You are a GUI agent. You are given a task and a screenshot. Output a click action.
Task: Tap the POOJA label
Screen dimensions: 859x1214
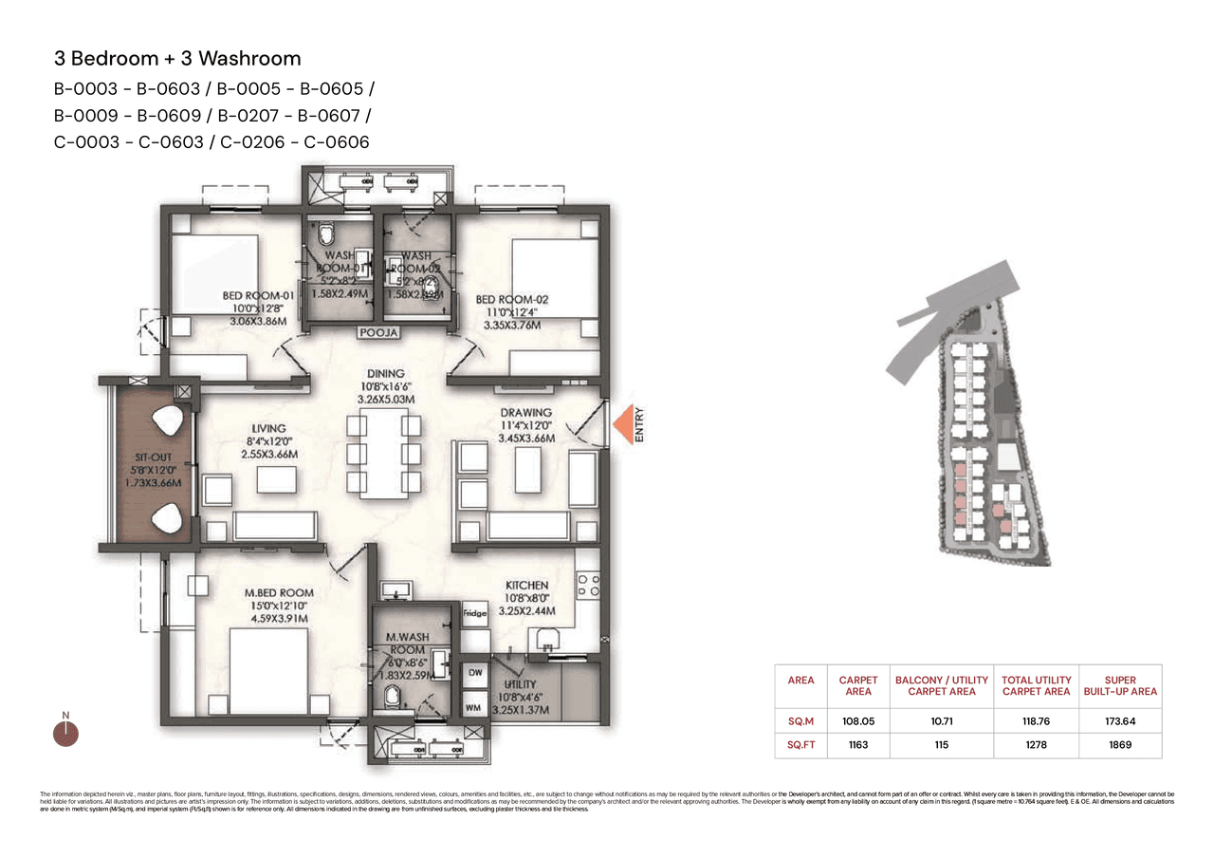coord(377,333)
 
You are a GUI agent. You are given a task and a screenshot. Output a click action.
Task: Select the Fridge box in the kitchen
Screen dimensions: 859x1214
coord(474,613)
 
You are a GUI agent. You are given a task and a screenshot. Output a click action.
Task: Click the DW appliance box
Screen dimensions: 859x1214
coord(474,672)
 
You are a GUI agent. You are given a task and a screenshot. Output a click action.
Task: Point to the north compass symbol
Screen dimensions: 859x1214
coord(65,732)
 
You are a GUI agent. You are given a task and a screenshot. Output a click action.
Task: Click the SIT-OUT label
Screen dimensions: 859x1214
coord(148,457)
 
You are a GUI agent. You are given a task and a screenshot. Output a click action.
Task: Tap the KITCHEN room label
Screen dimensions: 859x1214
coord(526,586)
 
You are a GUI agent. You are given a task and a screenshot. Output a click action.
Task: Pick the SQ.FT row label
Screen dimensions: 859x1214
coord(800,745)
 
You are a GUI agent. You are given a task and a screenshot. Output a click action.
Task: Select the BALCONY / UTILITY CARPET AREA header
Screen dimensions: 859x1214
coord(941,685)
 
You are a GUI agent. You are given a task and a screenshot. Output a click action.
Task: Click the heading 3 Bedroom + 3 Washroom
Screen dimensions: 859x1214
coord(177,58)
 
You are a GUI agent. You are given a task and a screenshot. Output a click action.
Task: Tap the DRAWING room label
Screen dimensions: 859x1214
coord(525,412)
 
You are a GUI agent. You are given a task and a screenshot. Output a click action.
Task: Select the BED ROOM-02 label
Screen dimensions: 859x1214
coord(512,300)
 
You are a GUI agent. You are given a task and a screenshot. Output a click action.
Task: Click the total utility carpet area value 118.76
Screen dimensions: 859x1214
coord(1036,720)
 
